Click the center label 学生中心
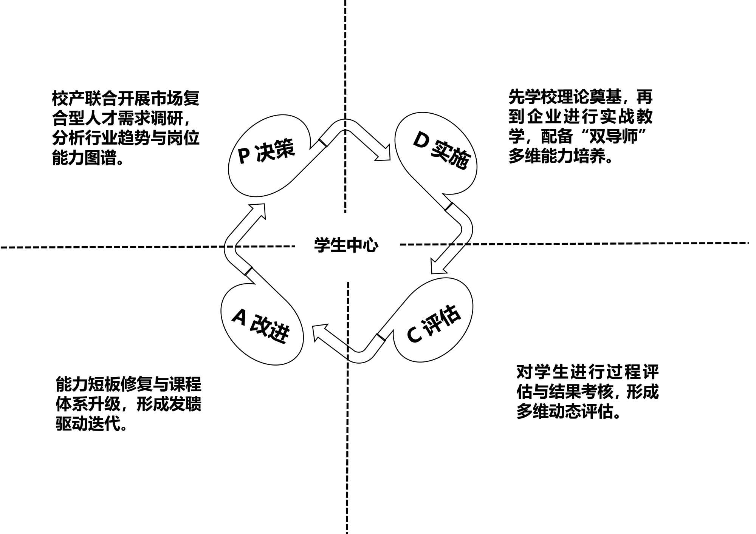coord(346,245)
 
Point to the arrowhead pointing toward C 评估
coord(437,266)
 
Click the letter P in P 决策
coord(244,155)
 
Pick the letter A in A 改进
coord(239,316)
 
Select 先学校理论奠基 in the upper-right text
coord(565,97)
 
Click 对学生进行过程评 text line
coord(587,372)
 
